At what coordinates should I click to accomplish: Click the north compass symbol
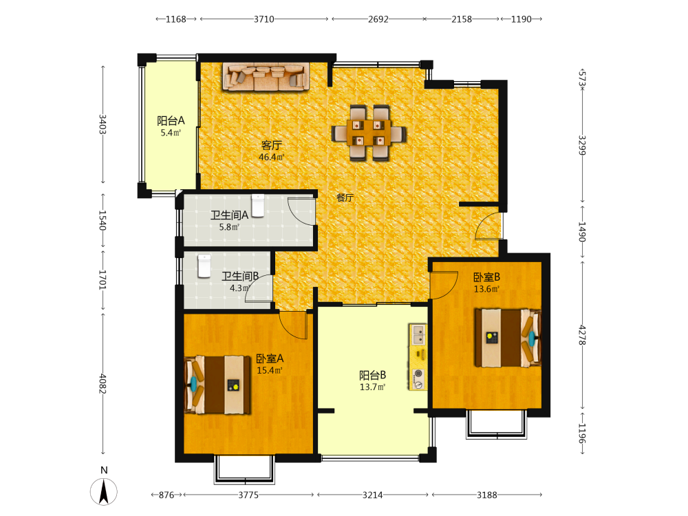pyautogui.click(x=104, y=491)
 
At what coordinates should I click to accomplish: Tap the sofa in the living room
pyautogui.click(x=266, y=77)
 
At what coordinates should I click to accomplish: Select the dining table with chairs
pyautogui.click(x=369, y=133)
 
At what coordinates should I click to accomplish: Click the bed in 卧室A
pyautogui.click(x=217, y=385)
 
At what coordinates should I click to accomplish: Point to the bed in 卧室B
pyautogui.click(x=508, y=338)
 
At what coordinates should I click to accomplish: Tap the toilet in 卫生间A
pyautogui.click(x=258, y=205)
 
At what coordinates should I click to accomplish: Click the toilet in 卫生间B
pyautogui.click(x=204, y=266)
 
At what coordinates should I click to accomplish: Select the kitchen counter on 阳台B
pyautogui.click(x=418, y=356)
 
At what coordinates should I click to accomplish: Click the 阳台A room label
pyautogui.click(x=171, y=120)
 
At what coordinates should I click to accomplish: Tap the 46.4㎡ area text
pyautogui.click(x=272, y=157)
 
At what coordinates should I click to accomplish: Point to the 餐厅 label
pyautogui.click(x=345, y=197)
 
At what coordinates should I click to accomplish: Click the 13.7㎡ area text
pyautogui.click(x=372, y=387)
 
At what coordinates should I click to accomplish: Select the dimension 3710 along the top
pyautogui.click(x=264, y=19)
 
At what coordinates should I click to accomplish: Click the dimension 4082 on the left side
pyautogui.click(x=103, y=383)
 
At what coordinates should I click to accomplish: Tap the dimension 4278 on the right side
pyautogui.click(x=582, y=335)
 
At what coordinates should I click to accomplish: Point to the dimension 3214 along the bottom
pyautogui.click(x=372, y=495)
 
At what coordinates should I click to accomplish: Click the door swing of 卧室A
pyautogui.click(x=293, y=325)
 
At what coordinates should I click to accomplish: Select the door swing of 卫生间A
pyautogui.click(x=301, y=212)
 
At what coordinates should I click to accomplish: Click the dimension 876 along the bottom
pyautogui.click(x=166, y=495)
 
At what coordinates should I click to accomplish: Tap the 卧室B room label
pyautogui.click(x=486, y=277)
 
